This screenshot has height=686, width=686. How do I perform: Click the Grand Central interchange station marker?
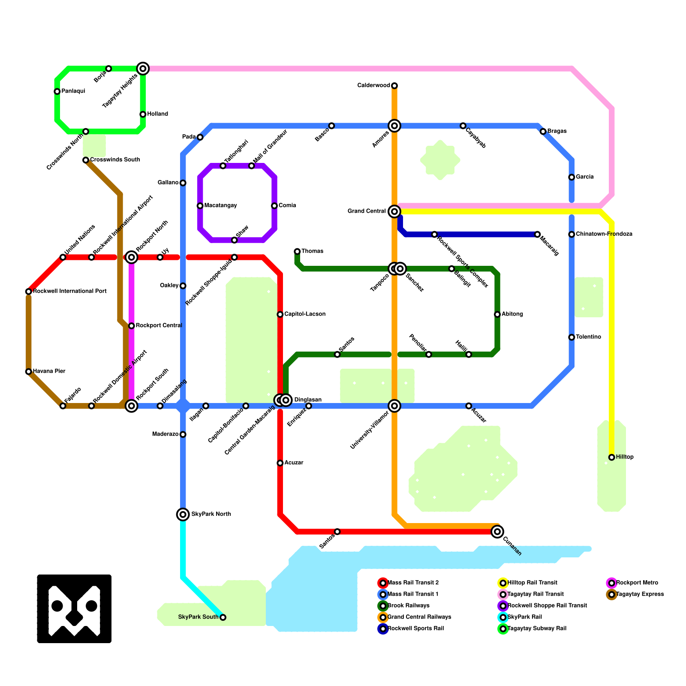click(x=394, y=211)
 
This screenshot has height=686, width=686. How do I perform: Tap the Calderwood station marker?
click(x=394, y=86)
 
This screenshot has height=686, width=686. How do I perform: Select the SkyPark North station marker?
click(x=183, y=514)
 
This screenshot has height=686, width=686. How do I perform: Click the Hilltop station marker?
click(x=612, y=457)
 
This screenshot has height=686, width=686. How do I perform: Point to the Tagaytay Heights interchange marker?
click(x=143, y=69)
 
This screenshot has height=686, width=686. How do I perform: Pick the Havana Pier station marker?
click(x=29, y=372)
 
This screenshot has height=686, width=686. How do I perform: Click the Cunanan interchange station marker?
click(x=497, y=532)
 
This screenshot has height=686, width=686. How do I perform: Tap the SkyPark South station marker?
click(x=223, y=617)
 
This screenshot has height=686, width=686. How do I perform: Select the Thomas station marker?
click(x=297, y=251)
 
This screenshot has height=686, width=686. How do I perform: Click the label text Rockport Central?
click(x=159, y=325)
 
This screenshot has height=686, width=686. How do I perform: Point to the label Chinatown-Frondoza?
click(x=604, y=234)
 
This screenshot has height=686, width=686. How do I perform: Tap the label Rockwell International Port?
click(x=69, y=292)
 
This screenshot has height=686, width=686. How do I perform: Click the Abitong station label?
click(x=512, y=314)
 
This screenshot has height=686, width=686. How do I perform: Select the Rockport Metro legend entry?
click(x=636, y=583)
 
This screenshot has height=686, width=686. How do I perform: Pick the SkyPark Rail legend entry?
click(x=524, y=617)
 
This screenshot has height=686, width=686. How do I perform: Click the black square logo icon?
click(x=74, y=609)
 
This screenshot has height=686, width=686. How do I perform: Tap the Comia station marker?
click(x=274, y=206)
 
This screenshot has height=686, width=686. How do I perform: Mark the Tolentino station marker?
click(x=572, y=337)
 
